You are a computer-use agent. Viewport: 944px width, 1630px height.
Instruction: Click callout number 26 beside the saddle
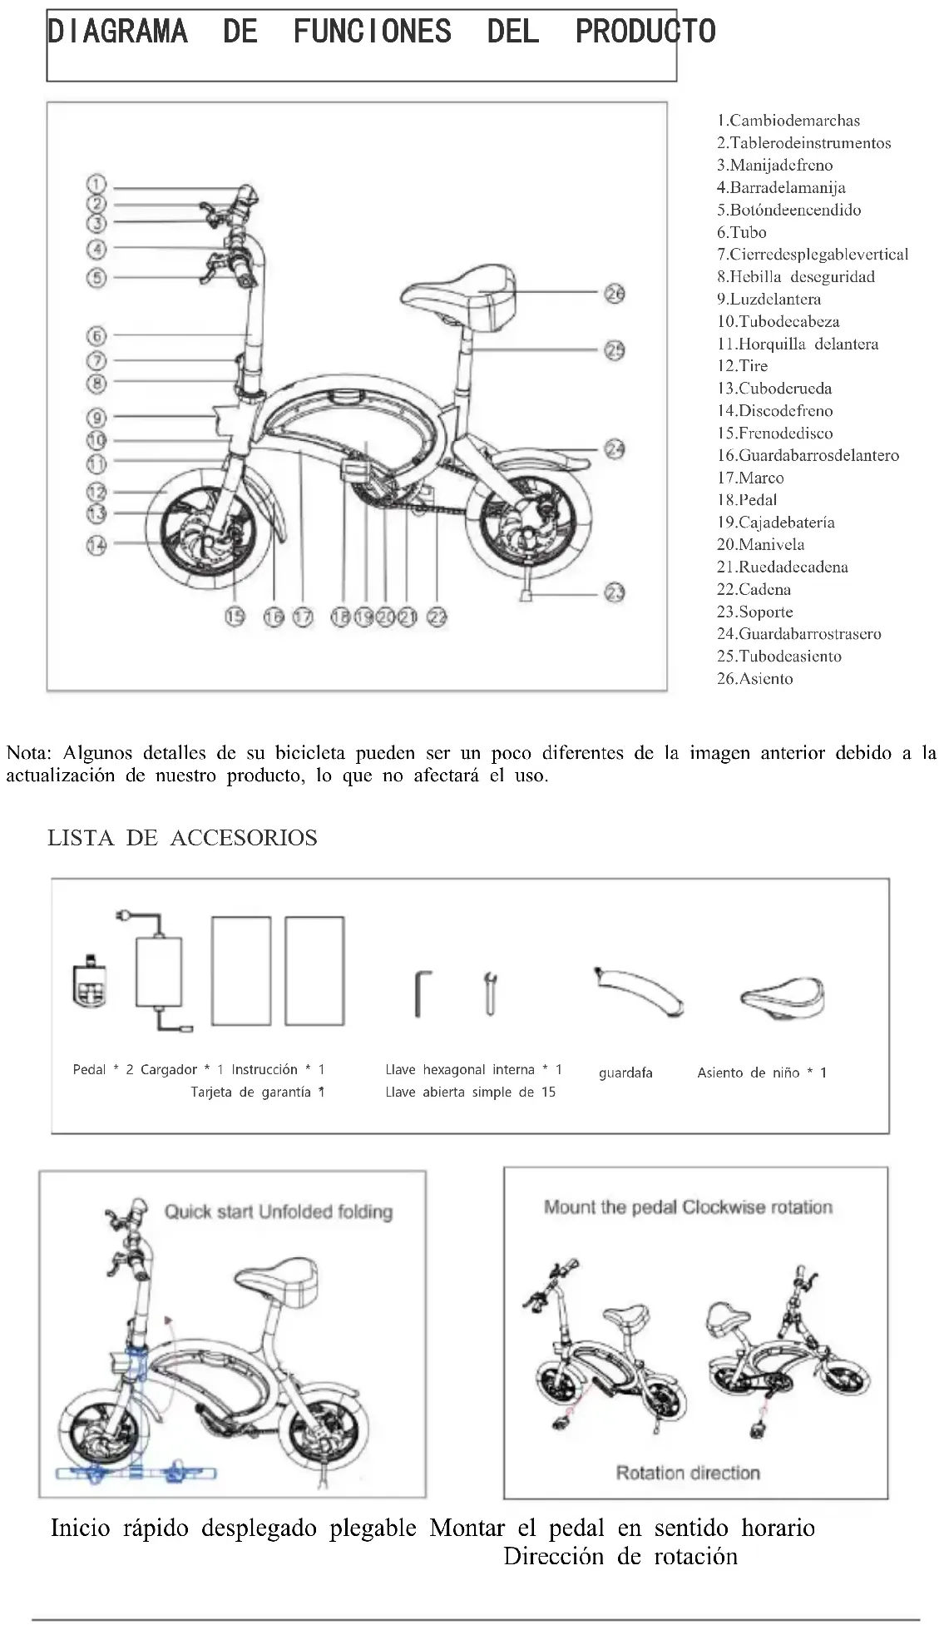pos(615,294)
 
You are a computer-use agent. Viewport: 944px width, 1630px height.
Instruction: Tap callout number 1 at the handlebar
pos(96,185)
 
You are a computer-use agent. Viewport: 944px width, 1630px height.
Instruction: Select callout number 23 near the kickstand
pos(615,592)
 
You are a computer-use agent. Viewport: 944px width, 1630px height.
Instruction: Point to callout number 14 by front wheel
pos(96,546)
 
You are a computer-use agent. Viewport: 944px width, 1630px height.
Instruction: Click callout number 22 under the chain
pos(437,617)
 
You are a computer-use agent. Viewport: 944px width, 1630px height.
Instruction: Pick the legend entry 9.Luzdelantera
pos(769,300)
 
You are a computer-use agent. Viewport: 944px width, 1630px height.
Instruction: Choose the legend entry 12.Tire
pos(742,366)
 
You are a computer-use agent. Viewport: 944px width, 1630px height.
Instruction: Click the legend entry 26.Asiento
pos(754,679)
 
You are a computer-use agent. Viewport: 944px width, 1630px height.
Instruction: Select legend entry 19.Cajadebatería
pos(775,523)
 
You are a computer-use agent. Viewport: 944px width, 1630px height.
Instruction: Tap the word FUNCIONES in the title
pos(372,32)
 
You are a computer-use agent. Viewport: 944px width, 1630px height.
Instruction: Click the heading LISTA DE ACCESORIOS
pos(182,838)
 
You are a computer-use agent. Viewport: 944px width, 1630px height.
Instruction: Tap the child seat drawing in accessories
pos(783,997)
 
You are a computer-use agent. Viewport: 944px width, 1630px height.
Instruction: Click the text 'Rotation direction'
pos(688,1473)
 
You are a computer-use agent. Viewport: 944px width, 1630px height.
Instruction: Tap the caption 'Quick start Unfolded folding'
pos(278,1211)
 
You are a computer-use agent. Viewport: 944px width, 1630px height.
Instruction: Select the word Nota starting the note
pos(29,754)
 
